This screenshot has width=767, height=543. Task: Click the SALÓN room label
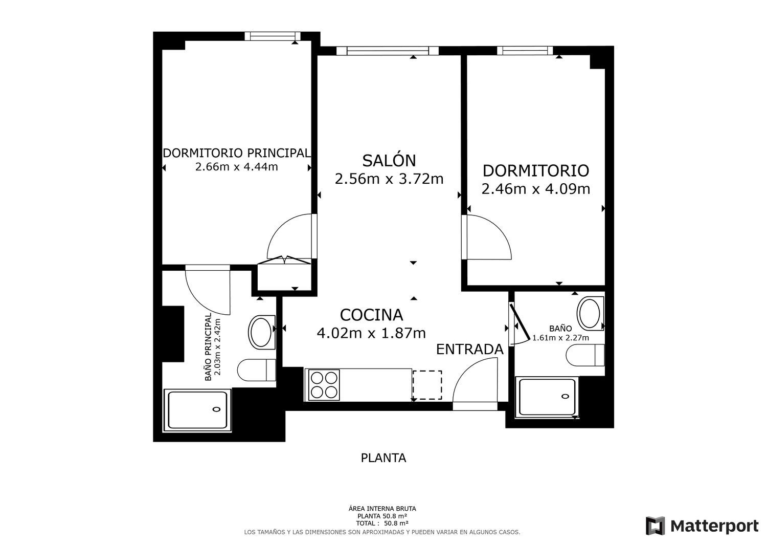click(389, 160)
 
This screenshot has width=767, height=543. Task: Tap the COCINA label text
click(372, 315)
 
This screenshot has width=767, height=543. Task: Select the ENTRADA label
click(470, 350)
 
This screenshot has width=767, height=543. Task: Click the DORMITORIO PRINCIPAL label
click(237, 153)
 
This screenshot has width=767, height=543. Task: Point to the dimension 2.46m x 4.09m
click(536, 189)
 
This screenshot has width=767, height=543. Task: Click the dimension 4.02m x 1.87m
click(372, 333)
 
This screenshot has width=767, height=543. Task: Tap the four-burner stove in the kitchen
click(324, 385)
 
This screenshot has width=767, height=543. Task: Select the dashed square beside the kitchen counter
click(427, 385)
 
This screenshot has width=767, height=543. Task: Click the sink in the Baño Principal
click(262, 332)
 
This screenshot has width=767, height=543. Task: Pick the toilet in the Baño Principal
click(257, 370)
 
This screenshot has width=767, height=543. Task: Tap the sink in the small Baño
click(590, 313)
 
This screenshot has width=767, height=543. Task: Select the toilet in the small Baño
click(585, 355)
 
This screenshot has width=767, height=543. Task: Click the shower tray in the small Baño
click(547, 397)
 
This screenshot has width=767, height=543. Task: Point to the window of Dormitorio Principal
click(273, 36)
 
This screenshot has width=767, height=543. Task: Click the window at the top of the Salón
click(387, 51)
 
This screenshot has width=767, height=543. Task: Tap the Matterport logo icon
click(655, 526)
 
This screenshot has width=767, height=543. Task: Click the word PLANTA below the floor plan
click(383, 458)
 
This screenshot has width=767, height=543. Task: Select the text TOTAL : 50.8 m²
click(382, 523)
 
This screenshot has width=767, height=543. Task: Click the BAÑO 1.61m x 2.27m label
click(560, 333)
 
